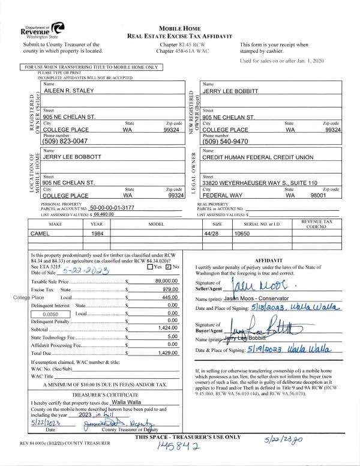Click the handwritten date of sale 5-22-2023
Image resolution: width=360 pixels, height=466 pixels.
pyautogui.click(x=83, y=271)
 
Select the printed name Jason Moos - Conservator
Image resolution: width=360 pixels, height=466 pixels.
pyautogui.click(x=258, y=298)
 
